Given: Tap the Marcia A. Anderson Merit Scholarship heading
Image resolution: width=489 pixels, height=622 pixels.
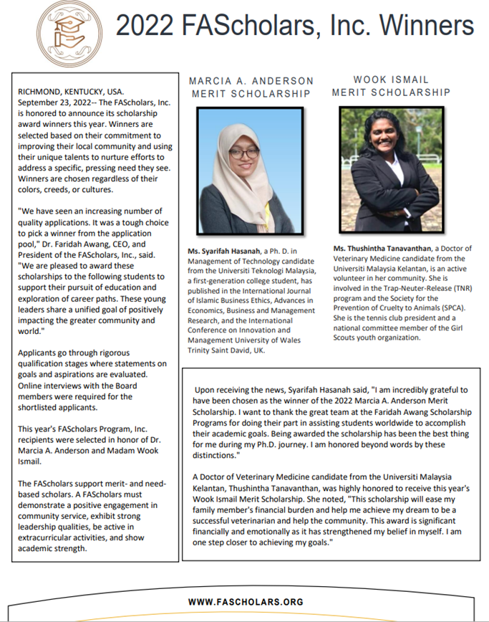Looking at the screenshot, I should (x=251, y=87).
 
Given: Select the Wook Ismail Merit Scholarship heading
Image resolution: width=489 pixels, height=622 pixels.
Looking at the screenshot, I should (x=391, y=86).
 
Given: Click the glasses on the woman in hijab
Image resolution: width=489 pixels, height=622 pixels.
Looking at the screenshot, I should (x=243, y=153).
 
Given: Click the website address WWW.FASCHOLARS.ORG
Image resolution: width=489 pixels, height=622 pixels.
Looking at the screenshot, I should (x=246, y=603).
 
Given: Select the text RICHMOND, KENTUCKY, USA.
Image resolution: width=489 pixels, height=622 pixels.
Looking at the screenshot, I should (x=71, y=91).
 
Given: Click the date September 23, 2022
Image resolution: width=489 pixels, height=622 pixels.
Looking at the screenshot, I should (x=50, y=102).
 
